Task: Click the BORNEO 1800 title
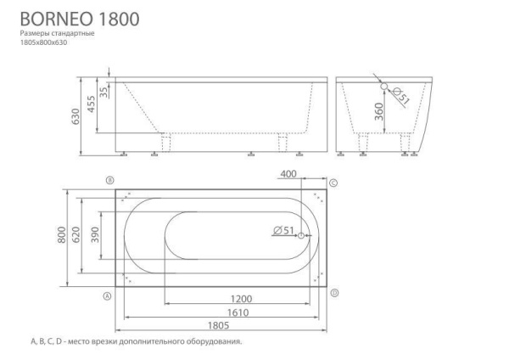pos(80,19)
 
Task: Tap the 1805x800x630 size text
pos(43,42)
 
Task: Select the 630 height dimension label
pos(76,116)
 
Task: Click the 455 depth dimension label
pos(92,104)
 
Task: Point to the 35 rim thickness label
pos(103,92)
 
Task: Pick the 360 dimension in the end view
pos(379,111)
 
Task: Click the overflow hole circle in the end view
pos(384,86)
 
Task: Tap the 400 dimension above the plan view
pos(288,174)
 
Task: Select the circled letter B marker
pos(110,180)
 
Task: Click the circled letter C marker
pos(333,183)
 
